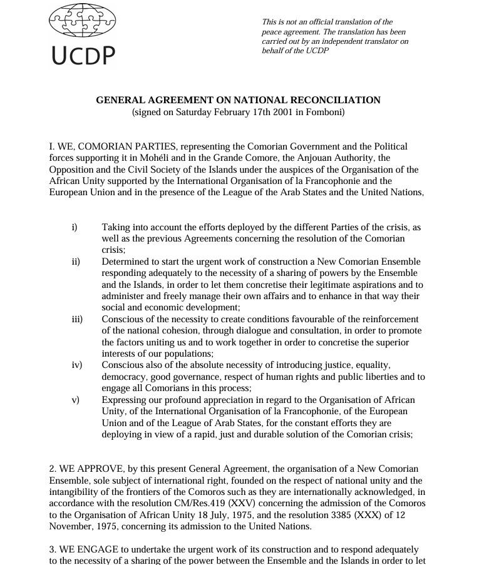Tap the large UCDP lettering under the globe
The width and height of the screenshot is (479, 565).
(x=83, y=56)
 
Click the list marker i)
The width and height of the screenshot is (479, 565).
(x=75, y=227)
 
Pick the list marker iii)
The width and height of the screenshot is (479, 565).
(x=77, y=319)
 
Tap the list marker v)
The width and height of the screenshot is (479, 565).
(x=75, y=400)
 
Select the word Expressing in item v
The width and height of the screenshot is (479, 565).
(x=125, y=400)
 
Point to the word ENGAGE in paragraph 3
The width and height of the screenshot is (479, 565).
(x=96, y=549)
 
